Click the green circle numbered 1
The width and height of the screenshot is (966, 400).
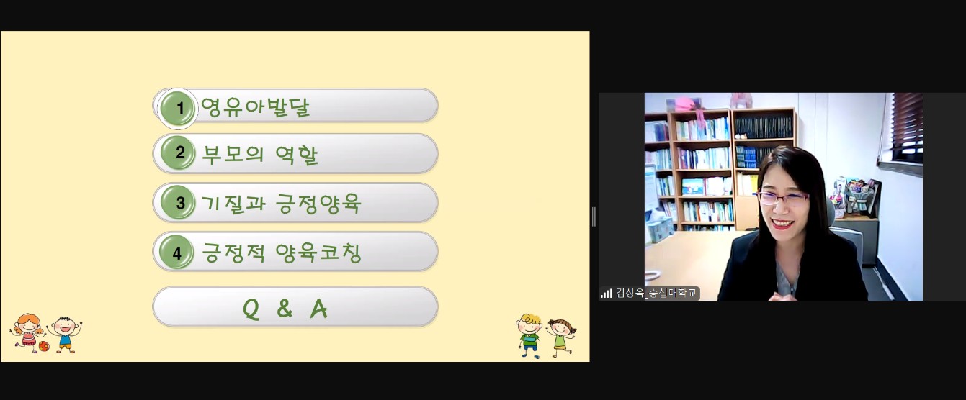coord(178,108)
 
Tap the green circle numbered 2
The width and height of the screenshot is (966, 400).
coord(178,153)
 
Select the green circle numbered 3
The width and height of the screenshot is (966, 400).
coord(178,202)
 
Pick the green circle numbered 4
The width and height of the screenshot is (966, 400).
coord(176,253)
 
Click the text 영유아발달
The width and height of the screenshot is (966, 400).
coord(255,107)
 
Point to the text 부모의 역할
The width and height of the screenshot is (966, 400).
coord(260,155)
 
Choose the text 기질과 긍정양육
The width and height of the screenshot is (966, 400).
coord(281,204)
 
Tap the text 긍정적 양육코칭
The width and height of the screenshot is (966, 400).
coord(281,253)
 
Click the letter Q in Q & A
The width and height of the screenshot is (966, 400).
coord(251,309)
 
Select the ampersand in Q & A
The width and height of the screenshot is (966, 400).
coord(285,309)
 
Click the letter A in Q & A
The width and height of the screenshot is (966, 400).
coord(318,309)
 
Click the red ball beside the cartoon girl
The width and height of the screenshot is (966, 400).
coord(44,346)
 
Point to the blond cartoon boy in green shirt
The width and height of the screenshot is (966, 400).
coord(529,335)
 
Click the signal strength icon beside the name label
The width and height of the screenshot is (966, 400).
coord(607,294)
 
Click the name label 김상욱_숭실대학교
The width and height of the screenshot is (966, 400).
coord(656,294)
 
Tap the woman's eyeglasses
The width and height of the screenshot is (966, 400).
coord(782,199)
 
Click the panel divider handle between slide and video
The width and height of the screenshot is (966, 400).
coord(594,217)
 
